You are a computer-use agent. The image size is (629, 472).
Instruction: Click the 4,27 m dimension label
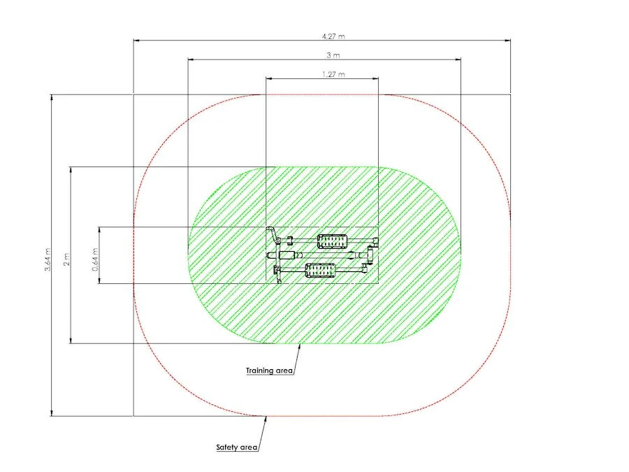pos(333,36)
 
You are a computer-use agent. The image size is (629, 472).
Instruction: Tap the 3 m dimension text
pos(333,55)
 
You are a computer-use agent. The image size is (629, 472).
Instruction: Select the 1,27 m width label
pos(333,74)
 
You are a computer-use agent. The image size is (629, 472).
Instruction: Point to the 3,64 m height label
pos(48,259)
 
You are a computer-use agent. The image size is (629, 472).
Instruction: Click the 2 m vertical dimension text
pos(66,259)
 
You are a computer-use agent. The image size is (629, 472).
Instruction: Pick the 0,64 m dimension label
pos(96,259)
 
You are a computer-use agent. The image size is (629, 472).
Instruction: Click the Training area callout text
pos(269,371)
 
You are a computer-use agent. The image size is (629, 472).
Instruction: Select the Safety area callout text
pos(237,447)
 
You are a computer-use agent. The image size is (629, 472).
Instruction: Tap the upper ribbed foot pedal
pos(333,241)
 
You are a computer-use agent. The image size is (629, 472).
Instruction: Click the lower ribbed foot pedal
pos(321,270)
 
